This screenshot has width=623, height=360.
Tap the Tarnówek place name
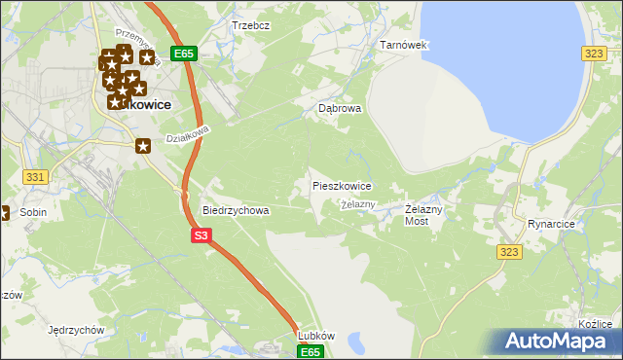[403, 45]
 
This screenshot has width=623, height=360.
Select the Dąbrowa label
[340, 109]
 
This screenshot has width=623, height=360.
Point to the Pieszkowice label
[341, 185]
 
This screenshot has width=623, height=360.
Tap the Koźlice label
[595, 324]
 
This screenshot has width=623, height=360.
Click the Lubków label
[316, 336]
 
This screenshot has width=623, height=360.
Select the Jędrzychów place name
[75, 330]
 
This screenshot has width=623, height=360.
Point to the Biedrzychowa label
[235, 209]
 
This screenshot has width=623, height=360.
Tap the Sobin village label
[33, 211]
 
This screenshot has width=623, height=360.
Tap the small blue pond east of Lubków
[356, 342]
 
